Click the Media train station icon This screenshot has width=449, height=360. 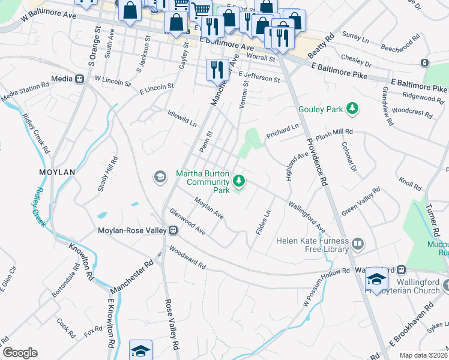[79, 79]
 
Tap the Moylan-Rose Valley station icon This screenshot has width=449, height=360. [173, 230]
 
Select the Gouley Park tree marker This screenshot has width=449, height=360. [354, 109]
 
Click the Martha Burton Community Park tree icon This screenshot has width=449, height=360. [239, 180]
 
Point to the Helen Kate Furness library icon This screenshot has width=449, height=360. [358, 244]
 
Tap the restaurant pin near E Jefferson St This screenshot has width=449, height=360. [216, 70]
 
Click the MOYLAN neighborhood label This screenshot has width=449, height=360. [57, 172]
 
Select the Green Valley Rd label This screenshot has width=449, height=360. [361, 202]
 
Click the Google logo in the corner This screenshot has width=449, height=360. [19, 353]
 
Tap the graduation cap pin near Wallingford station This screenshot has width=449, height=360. [376, 278]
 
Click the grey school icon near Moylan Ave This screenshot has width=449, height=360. [160, 176]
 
